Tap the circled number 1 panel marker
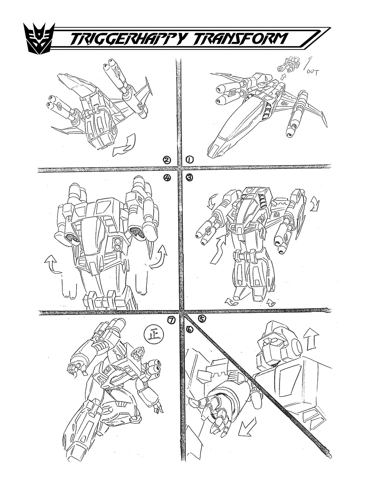pyautogui.click(x=189, y=159)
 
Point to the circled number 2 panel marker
pyautogui.click(x=167, y=159)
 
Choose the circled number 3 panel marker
pyautogui.click(x=189, y=178)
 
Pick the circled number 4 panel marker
pyautogui.click(x=167, y=178)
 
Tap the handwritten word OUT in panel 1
pyautogui.click(x=312, y=72)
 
